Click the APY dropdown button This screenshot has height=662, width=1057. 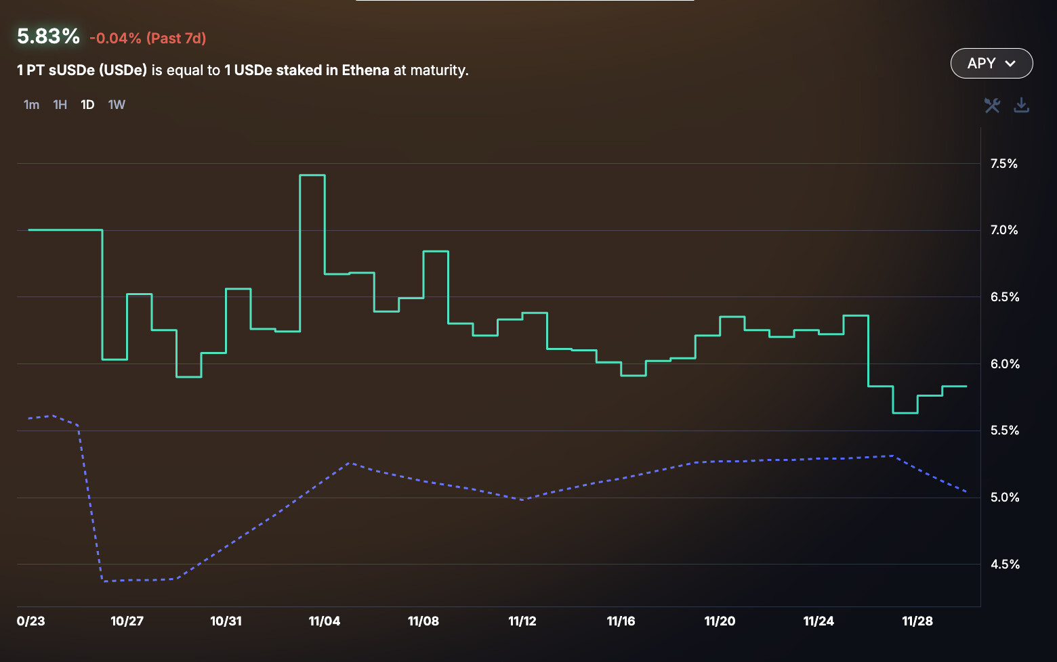click(x=991, y=64)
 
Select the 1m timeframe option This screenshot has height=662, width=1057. click(x=31, y=105)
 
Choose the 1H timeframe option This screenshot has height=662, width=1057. click(x=60, y=105)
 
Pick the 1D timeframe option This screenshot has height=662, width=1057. click(x=87, y=105)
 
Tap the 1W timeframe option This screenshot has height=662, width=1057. click(x=117, y=105)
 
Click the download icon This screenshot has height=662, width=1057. click(x=1021, y=105)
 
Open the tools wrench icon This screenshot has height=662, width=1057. click(x=992, y=105)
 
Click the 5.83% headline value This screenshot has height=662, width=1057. click(x=48, y=37)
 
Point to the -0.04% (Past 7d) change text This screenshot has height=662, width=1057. click(x=148, y=39)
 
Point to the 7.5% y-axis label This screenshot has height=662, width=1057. click(x=1003, y=164)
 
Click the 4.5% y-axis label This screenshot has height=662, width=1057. click(x=1005, y=565)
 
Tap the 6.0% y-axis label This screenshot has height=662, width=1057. click(x=1005, y=364)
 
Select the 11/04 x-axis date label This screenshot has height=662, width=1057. click(x=325, y=621)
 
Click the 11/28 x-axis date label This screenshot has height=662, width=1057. click(x=917, y=621)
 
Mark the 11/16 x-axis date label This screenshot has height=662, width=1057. click(x=621, y=621)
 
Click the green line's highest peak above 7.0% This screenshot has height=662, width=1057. click(x=312, y=175)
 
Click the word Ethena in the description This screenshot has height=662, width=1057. click(x=365, y=70)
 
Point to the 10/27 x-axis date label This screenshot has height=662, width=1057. click(x=127, y=621)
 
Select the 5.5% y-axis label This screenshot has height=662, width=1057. click(x=1005, y=431)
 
